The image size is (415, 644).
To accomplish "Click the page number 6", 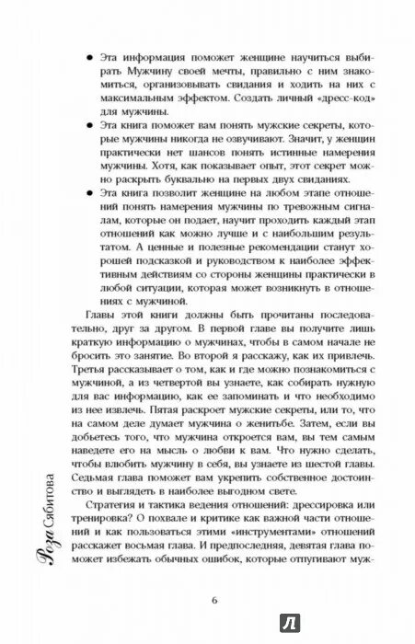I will click(213, 603).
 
